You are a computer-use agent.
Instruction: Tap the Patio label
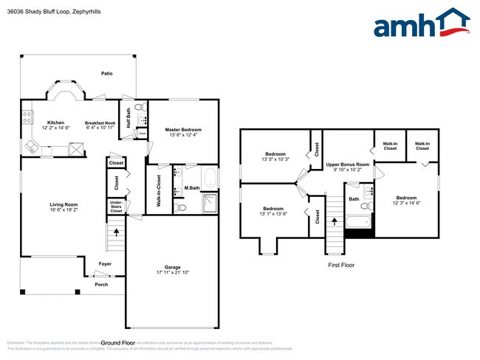coord(106,73)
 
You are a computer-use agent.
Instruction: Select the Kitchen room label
coord(56,122)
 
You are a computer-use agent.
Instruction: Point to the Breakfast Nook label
coord(100,122)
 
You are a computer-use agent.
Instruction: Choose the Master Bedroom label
coord(183,130)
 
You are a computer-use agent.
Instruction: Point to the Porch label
coord(100,284)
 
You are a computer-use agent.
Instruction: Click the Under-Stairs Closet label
coord(117,206)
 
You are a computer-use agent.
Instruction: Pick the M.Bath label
coord(192,188)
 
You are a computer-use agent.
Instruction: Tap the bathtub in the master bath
coord(209,177)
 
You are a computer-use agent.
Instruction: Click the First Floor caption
coord(341,264)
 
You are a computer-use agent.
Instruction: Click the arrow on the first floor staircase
coord(334,220)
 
